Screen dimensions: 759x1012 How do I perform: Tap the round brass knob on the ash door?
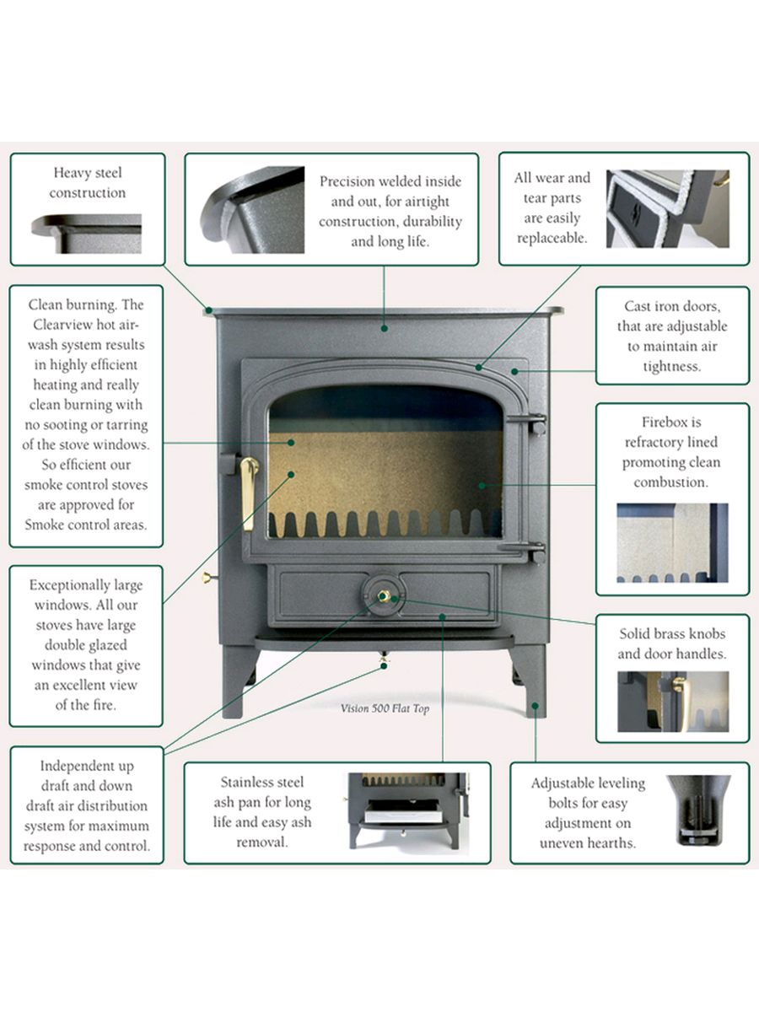(x=383, y=596)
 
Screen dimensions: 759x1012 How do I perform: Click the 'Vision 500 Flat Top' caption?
(x=385, y=708)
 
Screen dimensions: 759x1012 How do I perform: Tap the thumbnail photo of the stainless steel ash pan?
(x=408, y=811)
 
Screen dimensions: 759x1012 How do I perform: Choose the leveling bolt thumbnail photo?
(x=698, y=810)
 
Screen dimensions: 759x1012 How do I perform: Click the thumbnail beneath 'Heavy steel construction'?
(x=87, y=234)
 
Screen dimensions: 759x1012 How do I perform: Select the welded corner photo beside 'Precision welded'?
(x=252, y=210)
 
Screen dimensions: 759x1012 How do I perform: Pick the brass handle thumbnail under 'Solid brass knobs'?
(x=673, y=702)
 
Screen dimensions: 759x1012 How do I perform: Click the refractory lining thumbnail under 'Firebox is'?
(x=672, y=542)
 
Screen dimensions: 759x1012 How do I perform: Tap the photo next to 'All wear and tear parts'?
(x=668, y=209)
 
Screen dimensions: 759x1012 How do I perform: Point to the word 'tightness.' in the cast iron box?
(x=672, y=367)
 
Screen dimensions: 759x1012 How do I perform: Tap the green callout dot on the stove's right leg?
(x=535, y=706)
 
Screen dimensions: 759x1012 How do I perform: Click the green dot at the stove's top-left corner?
(x=209, y=310)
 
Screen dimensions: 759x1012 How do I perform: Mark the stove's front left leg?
(x=238, y=681)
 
